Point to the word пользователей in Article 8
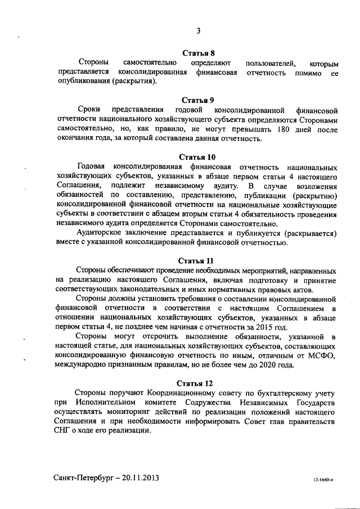tap(265, 63)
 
